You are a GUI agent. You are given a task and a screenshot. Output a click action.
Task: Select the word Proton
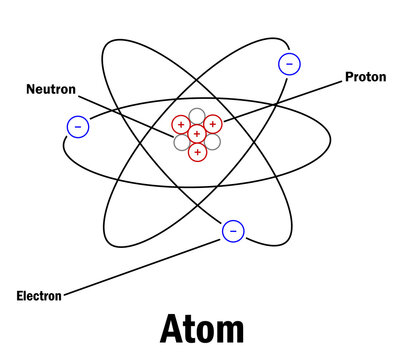click(366, 76)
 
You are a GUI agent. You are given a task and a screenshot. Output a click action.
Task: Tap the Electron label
click(39, 295)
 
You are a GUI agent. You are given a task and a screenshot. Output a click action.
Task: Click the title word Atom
click(201, 330)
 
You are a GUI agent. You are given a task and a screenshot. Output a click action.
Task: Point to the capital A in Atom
click(172, 330)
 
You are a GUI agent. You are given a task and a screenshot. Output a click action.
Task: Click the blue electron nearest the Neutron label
click(77, 126)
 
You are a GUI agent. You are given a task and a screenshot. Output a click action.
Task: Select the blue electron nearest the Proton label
click(289, 64)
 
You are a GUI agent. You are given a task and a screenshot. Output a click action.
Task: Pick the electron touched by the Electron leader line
click(232, 231)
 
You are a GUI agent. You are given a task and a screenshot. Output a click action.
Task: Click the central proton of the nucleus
click(197, 133)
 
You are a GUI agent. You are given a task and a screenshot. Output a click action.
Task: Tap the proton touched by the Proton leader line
click(213, 125)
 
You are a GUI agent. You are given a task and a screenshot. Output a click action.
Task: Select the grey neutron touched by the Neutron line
click(181, 142)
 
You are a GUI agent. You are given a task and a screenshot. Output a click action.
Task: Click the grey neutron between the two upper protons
click(197, 116)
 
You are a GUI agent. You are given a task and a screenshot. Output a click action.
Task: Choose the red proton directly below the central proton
click(198, 151)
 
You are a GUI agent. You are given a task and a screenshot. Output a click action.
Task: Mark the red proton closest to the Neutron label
click(181, 125)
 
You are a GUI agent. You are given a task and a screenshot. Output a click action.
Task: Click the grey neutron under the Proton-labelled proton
click(213, 141)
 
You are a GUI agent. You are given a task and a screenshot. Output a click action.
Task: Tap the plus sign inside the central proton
click(197, 133)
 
